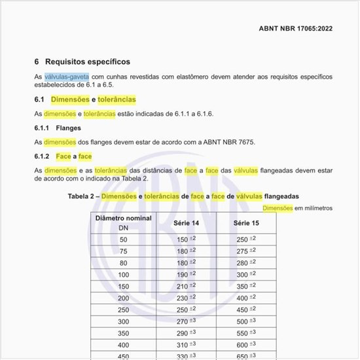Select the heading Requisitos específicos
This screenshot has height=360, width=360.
click(88, 62)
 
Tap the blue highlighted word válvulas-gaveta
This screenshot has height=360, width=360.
click(67, 77)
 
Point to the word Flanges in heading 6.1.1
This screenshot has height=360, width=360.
click(69, 128)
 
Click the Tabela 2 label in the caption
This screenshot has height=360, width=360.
click(82, 196)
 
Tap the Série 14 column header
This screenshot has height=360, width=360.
click(186, 223)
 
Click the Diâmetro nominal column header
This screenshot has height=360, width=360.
click(124, 218)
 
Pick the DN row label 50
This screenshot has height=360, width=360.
click(124, 240)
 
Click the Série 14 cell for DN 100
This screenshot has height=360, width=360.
click(186, 275)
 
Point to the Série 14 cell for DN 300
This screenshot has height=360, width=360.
click(186, 321)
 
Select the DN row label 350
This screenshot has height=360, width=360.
click(124, 333)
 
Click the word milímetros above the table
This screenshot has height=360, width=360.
click(317, 208)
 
